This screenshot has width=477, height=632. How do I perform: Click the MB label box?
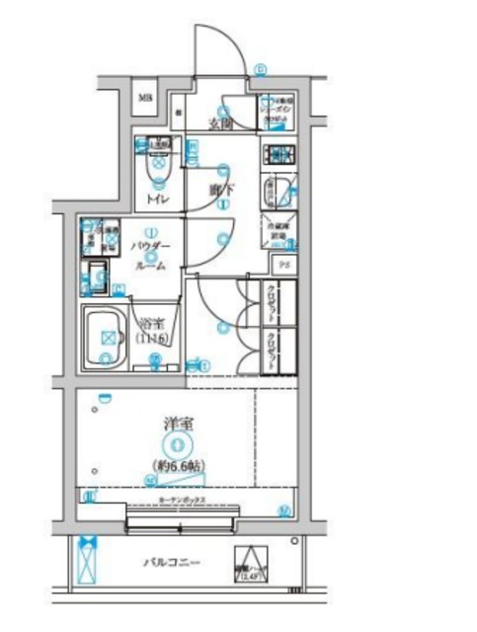(144, 98)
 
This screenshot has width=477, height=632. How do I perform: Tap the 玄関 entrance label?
(220, 124)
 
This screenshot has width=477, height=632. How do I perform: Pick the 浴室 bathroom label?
(151, 323)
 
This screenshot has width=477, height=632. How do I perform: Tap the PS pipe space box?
(281, 265)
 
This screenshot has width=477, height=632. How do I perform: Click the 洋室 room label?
(179, 425)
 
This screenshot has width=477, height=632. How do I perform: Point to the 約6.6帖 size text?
(179, 464)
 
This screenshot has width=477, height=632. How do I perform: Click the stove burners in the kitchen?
(278, 153)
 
